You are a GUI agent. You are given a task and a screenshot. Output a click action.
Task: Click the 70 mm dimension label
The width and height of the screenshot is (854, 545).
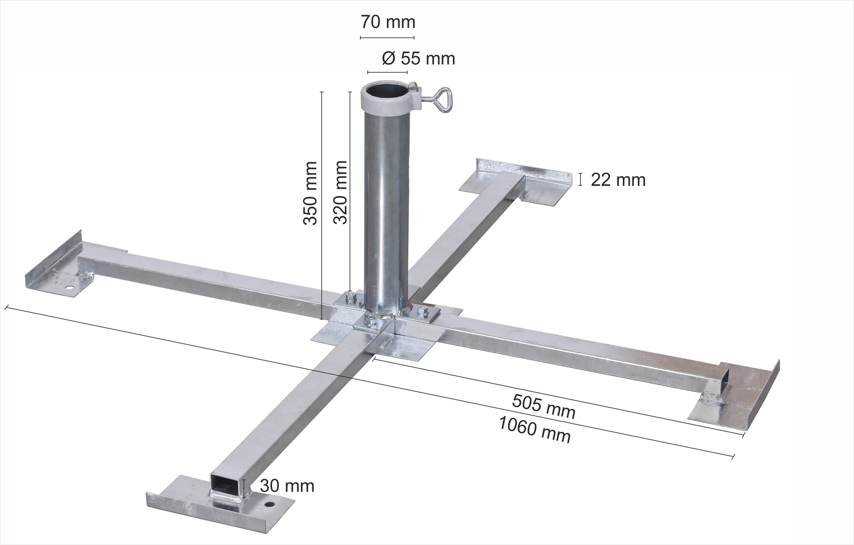pos(388,22)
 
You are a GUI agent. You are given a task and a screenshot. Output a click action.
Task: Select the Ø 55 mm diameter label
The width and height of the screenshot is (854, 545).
pos(418,58)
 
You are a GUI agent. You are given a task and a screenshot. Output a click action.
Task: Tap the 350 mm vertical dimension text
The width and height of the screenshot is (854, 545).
pos(310,193)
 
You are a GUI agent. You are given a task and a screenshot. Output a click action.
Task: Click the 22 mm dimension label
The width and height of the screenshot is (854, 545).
pos(618,180)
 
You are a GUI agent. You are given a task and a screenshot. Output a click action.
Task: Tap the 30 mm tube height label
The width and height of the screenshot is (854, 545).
pos(287,485)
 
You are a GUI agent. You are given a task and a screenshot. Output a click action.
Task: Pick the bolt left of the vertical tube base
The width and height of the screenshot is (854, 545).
pos(348,298)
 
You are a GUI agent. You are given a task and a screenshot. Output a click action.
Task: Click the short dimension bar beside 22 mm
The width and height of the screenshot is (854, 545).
pos(580,179)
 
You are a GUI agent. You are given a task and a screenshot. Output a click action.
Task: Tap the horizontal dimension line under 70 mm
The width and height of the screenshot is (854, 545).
pos(387,37)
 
